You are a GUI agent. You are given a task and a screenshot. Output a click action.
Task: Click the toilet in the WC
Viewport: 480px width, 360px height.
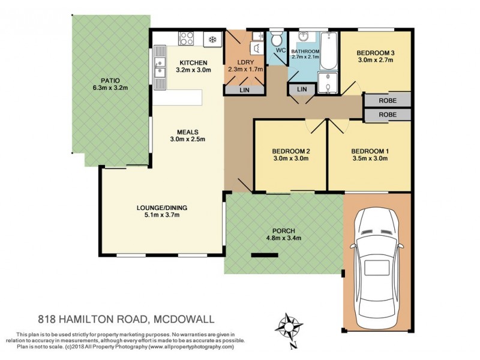tap(277, 40)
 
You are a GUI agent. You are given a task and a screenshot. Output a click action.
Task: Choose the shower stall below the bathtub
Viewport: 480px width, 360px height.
tap(326, 82)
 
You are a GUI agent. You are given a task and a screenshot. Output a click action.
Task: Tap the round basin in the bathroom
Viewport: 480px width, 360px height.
tap(301, 37)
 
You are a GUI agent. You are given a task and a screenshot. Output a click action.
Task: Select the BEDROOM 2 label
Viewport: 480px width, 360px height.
tap(290, 151)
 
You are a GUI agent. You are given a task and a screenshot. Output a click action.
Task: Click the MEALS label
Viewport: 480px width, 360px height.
tap(187, 132)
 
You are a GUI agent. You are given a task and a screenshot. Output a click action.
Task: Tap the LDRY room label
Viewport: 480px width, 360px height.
tap(245, 62)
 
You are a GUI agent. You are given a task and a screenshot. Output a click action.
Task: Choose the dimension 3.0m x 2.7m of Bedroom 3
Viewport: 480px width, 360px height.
tap(376, 61)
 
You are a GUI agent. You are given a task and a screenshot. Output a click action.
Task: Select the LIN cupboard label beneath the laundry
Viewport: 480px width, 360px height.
tap(244, 90)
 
